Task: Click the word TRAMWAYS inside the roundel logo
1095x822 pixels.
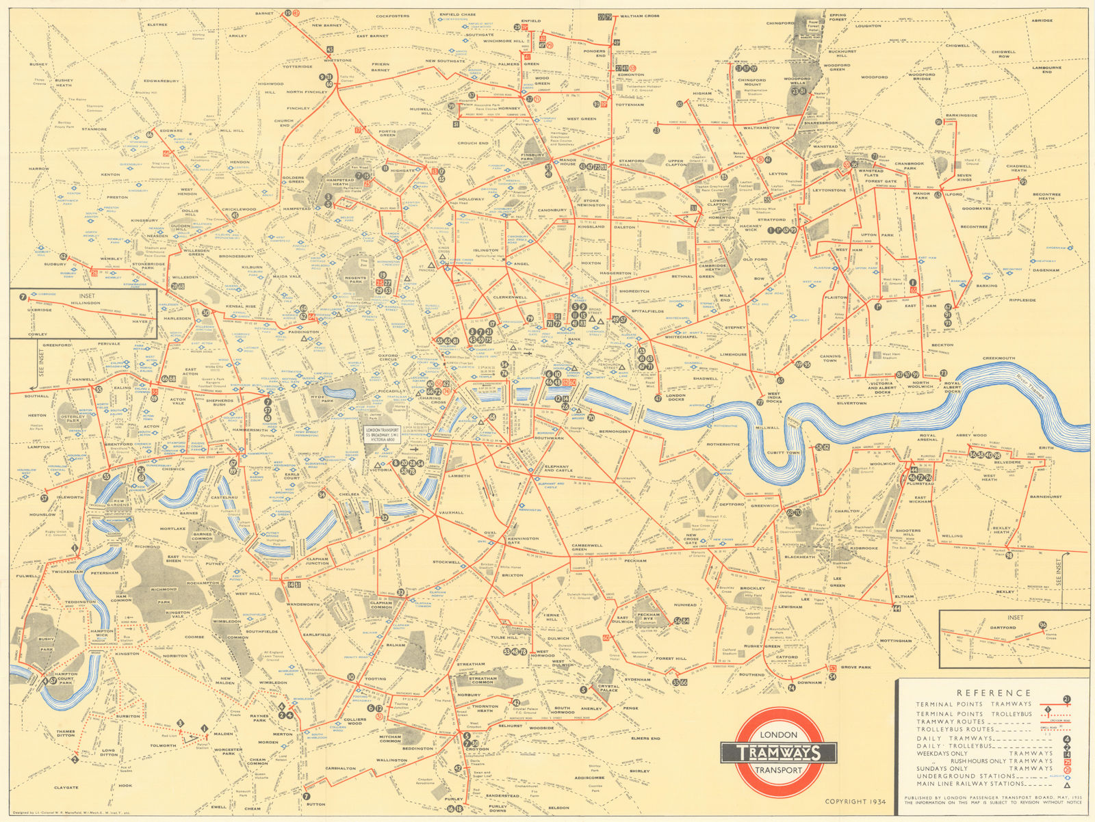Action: point(779,753)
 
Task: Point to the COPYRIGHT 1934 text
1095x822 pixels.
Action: point(855,801)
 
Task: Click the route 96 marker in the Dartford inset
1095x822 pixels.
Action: point(1042,625)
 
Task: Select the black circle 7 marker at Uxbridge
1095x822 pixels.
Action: point(23,297)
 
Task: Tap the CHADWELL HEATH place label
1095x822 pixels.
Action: point(1019,168)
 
